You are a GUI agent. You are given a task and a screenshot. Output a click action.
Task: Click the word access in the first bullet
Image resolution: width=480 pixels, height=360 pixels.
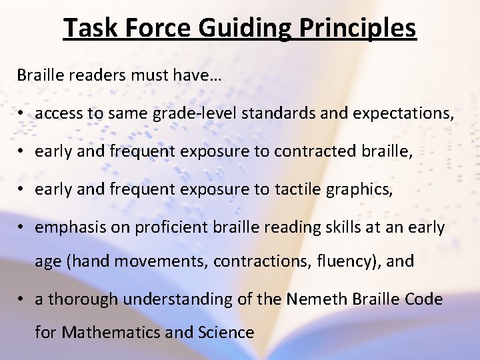(57, 114)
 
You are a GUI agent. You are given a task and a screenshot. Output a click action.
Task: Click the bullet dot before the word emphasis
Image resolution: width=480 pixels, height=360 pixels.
(22, 228)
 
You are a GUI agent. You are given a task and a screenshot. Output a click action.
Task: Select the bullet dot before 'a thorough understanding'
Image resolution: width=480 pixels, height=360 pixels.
(22, 299)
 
